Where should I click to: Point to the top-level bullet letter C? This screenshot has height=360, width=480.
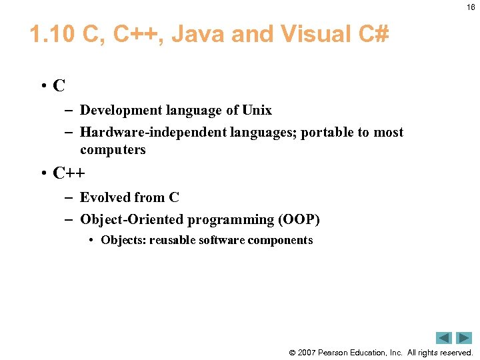(59, 85)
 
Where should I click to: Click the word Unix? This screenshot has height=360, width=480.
(257, 110)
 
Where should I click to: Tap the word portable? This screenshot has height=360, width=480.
(327, 132)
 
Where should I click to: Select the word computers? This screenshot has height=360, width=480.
(113, 149)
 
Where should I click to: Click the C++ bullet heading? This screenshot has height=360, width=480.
(69, 173)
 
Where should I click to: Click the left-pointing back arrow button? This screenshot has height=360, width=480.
(444, 338)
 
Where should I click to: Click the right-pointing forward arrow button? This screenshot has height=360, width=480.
(464, 338)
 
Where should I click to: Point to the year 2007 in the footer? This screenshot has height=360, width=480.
(307, 353)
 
